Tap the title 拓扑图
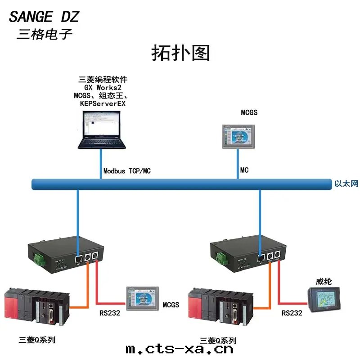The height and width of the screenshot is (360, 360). [180, 53]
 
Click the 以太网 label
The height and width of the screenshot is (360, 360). [346, 184]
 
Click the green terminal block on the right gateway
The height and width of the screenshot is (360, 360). [221, 258]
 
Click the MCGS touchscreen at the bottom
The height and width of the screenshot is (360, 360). [142, 298]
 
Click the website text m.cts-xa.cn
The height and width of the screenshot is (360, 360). [180, 349]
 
